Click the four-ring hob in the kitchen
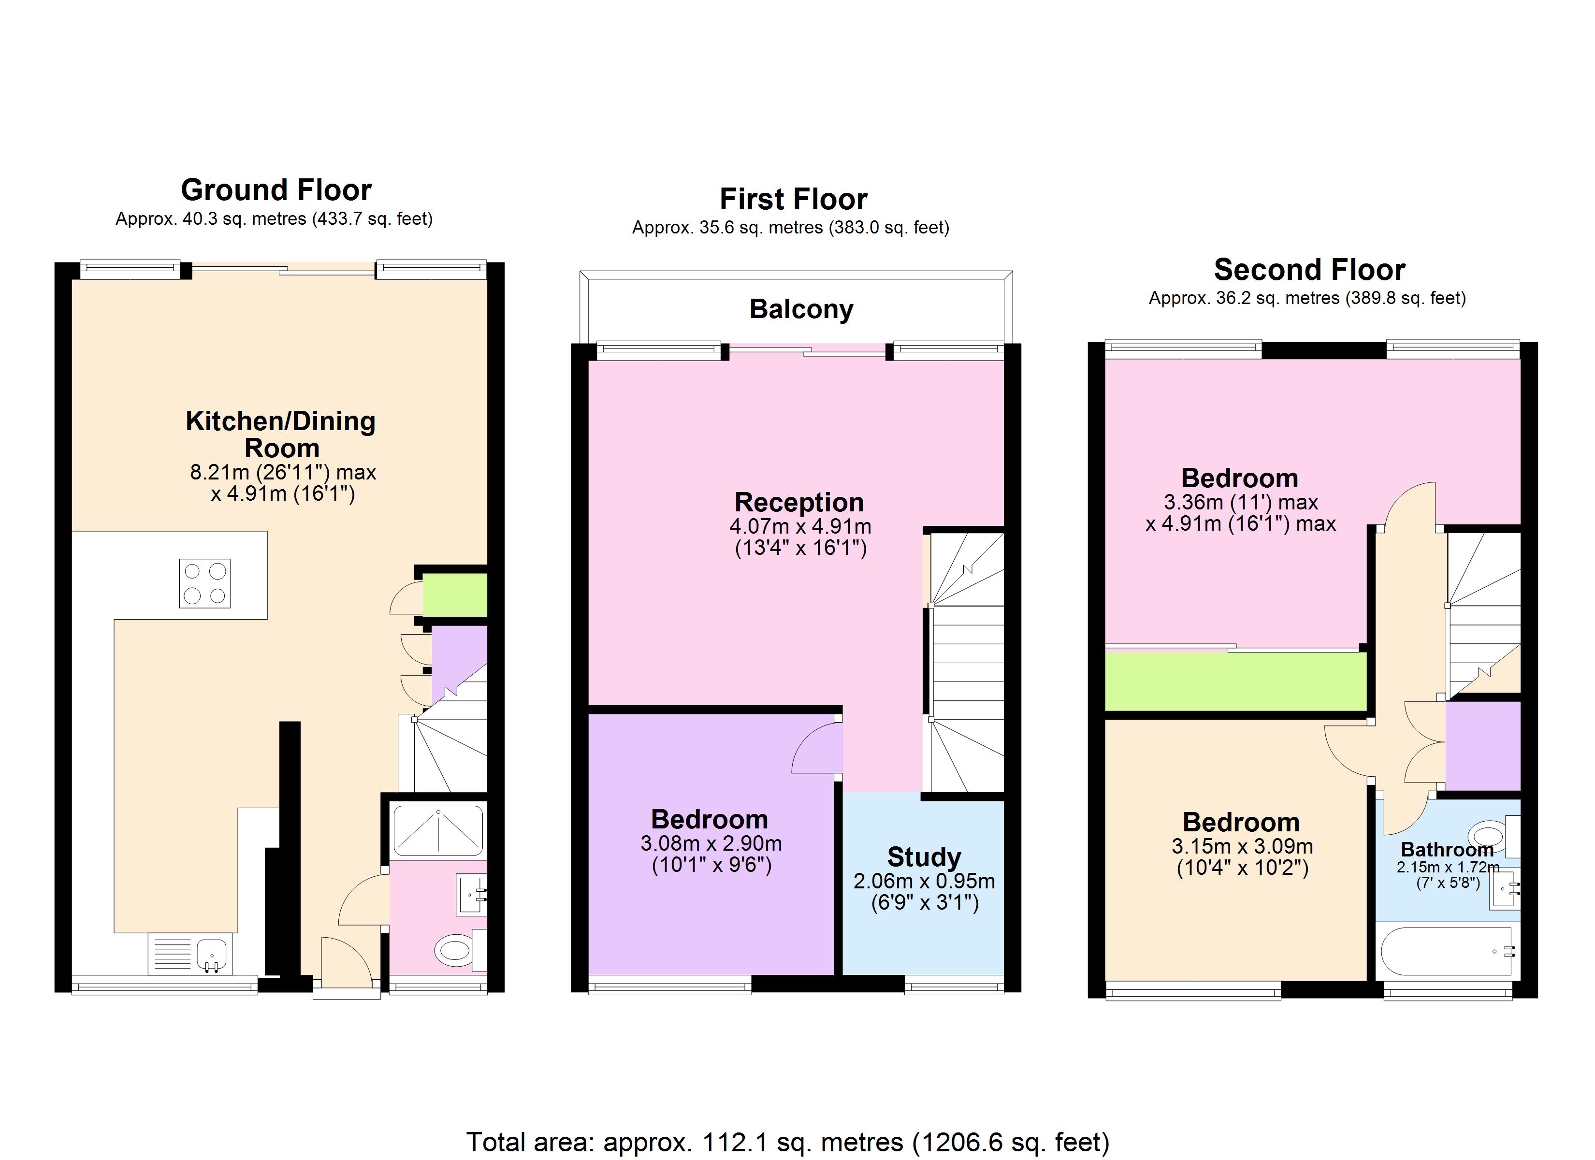pos(204,583)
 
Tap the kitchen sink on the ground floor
pos(210,955)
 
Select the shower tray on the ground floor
pos(437,831)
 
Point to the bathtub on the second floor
pos(1446,951)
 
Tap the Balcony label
pos(801,309)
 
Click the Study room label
pos(923,857)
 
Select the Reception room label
pos(799,502)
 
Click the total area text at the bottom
pos(788,1141)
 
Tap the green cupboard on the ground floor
pos(454,595)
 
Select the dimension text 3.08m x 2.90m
pos(710,843)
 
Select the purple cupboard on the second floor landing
pos(1482,746)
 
